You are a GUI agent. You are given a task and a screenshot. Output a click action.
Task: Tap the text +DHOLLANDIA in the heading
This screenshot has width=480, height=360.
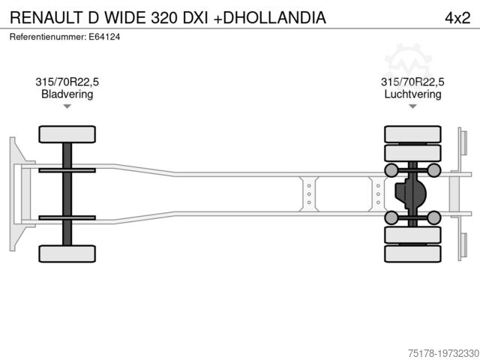270,16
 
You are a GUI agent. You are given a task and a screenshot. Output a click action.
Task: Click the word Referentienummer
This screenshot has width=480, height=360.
48,37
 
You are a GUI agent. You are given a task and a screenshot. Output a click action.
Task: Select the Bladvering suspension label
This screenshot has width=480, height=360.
67,94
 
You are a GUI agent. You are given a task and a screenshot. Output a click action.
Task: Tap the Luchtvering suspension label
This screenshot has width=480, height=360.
412,94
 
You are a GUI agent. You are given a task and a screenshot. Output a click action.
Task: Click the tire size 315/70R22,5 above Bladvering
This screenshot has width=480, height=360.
67,82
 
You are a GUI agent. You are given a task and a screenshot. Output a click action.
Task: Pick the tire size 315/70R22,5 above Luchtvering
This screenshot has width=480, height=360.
412,82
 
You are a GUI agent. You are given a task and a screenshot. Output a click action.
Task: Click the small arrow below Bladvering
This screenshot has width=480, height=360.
67,106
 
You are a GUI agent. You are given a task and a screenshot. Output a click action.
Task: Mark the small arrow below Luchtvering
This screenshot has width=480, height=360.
412,106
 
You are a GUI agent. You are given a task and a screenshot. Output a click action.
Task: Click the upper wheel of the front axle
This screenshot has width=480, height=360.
67,134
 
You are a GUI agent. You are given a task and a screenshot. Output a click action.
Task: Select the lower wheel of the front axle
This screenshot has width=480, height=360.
67,253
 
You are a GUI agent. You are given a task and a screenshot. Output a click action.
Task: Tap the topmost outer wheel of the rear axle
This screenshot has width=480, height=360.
412,134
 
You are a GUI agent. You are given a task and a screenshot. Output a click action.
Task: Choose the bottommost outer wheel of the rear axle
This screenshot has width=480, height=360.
412,253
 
